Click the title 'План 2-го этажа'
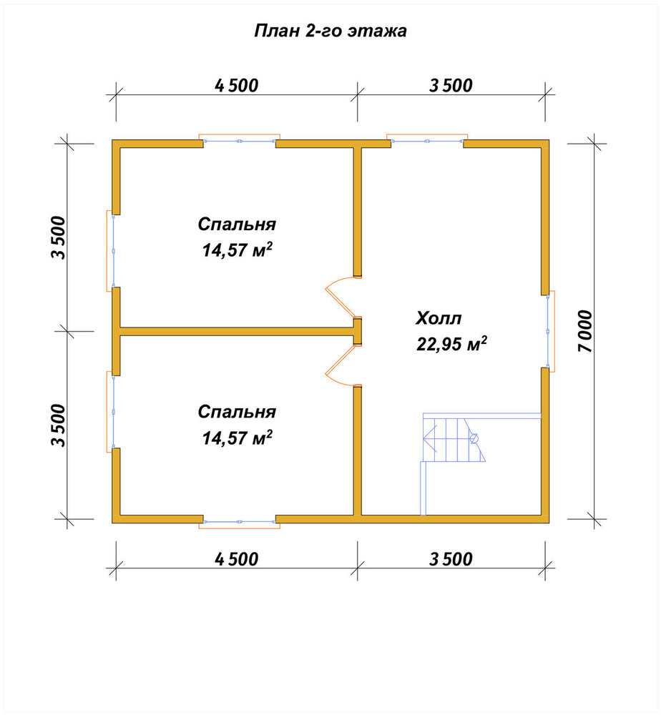330,31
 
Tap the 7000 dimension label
585,331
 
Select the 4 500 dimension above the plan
236,86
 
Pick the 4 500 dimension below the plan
236,559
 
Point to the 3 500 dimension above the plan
451,86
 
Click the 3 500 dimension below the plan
451,559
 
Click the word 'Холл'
439,318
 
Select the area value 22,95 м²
451,345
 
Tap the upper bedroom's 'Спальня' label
237,225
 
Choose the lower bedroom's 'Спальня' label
237,413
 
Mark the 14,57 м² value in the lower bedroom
238,438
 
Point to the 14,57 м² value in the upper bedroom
238,250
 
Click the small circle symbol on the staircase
474,439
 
